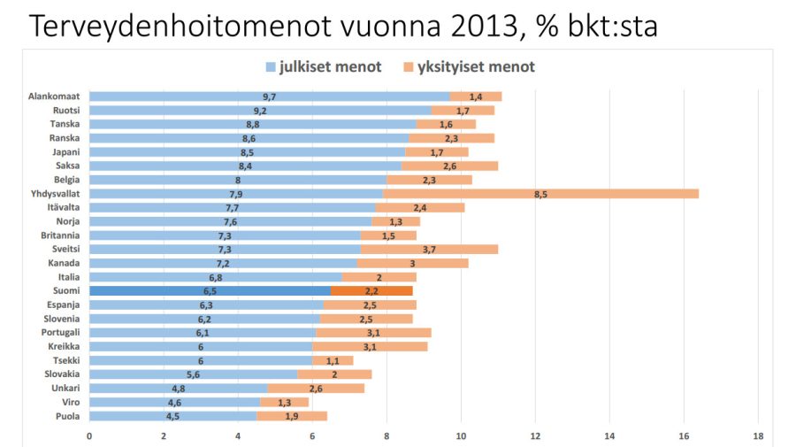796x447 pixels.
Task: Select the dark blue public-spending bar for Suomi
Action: [x=210, y=290]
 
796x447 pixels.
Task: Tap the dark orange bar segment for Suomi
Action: [x=371, y=290]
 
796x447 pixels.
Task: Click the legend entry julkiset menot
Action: [x=324, y=66]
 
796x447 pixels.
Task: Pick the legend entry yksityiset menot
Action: [x=470, y=66]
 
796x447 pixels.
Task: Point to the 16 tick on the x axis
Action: [x=684, y=436]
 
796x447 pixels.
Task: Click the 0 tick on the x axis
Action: [x=89, y=436]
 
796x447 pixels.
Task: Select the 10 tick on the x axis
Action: [x=461, y=436]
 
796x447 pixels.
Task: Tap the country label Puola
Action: [x=67, y=416]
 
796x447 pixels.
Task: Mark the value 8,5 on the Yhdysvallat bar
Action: [x=540, y=193]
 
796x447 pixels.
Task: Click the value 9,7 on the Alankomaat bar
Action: [x=269, y=96]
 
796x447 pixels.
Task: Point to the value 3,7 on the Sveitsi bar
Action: [x=429, y=249]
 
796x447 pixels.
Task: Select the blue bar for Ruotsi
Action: [x=260, y=110]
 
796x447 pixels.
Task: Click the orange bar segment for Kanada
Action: [x=412, y=263]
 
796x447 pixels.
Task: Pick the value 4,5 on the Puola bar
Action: [x=173, y=416]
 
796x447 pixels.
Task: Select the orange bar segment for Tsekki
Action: [x=333, y=360]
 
